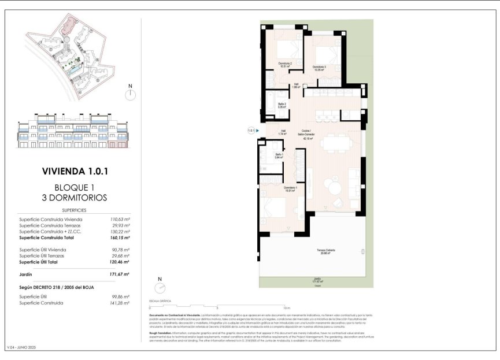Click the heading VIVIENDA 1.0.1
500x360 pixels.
pyautogui.click(x=75, y=171)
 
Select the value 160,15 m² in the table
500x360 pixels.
pyautogui.click(x=120, y=237)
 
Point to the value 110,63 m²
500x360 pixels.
pyautogui.click(x=120, y=220)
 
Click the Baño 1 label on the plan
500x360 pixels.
pyautogui.click(x=279, y=155)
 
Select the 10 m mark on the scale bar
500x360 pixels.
pyautogui.click(x=287, y=307)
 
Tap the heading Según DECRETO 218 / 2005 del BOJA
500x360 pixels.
pyautogui.click(x=56, y=287)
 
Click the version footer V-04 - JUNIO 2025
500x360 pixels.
pyautogui.click(x=21, y=347)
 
